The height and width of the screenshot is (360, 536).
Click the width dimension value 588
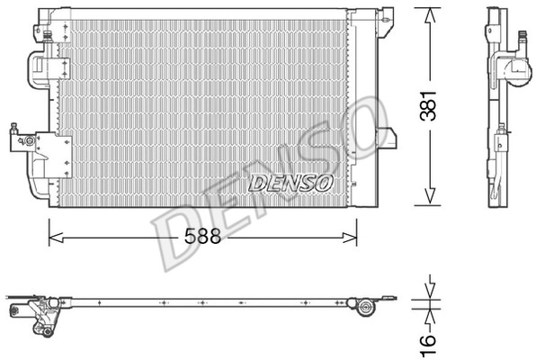pos(202,236)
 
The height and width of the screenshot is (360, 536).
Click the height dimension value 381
pos(429,105)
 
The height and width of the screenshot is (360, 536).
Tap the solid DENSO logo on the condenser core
pos(290,183)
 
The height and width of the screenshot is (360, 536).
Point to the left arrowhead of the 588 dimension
pos(56,237)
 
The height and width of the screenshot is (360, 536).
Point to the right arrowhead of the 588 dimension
pos(350,237)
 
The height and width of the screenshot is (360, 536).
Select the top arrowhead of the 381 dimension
pos(430,15)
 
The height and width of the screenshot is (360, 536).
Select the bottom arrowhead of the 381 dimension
pos(430,197)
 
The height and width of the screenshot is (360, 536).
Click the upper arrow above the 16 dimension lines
pos(430,286)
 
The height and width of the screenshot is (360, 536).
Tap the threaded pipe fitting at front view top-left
pos(48,36)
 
